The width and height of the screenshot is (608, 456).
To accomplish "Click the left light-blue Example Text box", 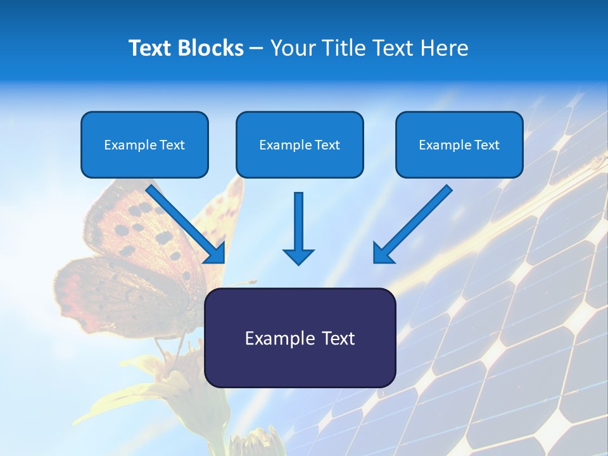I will pyautogui.click(x=144, y=144).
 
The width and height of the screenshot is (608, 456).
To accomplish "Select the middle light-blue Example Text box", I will pyautogui.click(x=300, y=144).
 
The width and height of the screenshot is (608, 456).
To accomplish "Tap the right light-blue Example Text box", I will pyautogui.click(x=459, y=144).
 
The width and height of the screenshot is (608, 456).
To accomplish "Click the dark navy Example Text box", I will pyautogui.click(x=300, y=338).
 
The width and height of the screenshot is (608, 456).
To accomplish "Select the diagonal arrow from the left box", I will pyautogui.click(x=187, y=224).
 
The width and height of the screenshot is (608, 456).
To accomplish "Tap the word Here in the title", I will pyautogui.click(x=445, y=48).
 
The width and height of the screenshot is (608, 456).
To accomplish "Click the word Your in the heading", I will pyautogui.click(x=292, y=48).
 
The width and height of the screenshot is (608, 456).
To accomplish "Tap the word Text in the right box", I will pyautogui.click(x=486, y=145).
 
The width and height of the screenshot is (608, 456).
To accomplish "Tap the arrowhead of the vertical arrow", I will pyautogui.click(x=298, y=256).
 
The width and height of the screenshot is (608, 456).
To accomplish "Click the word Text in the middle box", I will pyautogui.click(x=327, y=145).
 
